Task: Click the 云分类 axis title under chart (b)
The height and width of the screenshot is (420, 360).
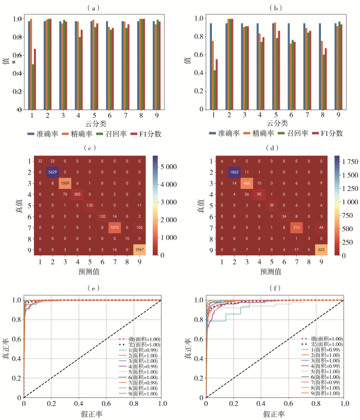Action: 275,124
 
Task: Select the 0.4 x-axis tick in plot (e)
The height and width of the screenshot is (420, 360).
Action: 79,406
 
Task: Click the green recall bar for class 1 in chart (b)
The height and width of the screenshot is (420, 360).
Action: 213,90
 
